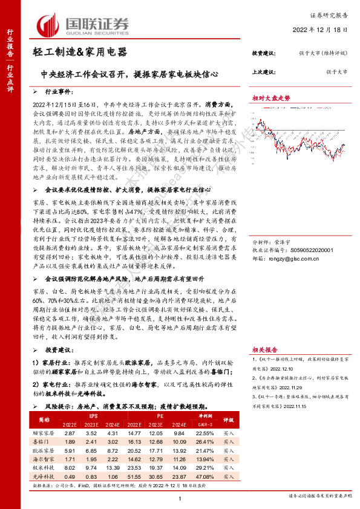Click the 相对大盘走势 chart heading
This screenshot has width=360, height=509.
(272, 97)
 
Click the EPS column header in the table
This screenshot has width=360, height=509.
(93, 417)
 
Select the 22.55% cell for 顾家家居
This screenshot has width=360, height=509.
(206, 433)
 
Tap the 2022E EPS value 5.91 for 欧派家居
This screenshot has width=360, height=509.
(70, 450)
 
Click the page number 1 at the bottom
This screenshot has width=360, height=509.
(180, 497)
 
